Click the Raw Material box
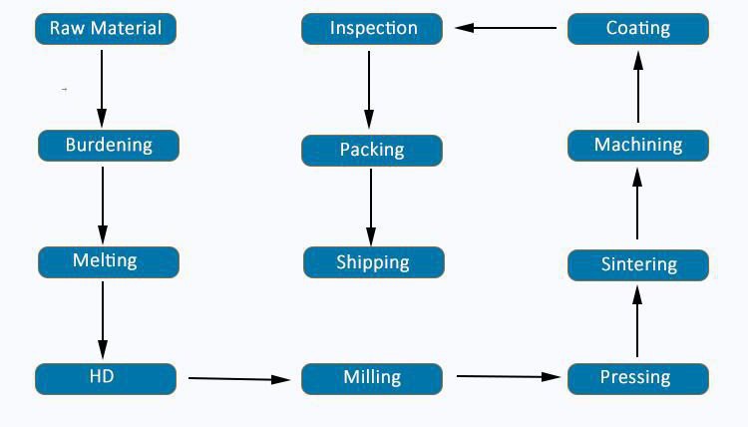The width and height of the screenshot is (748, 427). (x=106, y=29)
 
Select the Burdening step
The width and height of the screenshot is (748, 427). (x=109, y=146)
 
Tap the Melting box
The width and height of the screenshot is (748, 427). (x=109, y=261)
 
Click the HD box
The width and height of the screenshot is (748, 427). (x=106, y=378)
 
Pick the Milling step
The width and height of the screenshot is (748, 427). (x=372, y=378)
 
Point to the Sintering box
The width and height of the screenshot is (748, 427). (x=638, y=264)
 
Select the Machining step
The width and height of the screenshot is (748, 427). (x=638, y=146)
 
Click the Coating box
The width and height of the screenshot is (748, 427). (x=638, y=29)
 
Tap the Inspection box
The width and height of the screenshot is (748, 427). (x=372, y=29)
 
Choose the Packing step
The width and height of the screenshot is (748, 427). (x=372, y=151)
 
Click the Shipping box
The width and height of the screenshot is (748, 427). (x=373, y=262)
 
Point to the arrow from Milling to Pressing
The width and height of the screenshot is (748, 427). (x=508, y=376)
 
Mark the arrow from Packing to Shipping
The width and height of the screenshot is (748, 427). (x=371, y=207)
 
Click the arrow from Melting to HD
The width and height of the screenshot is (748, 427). (x=103, y=320)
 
